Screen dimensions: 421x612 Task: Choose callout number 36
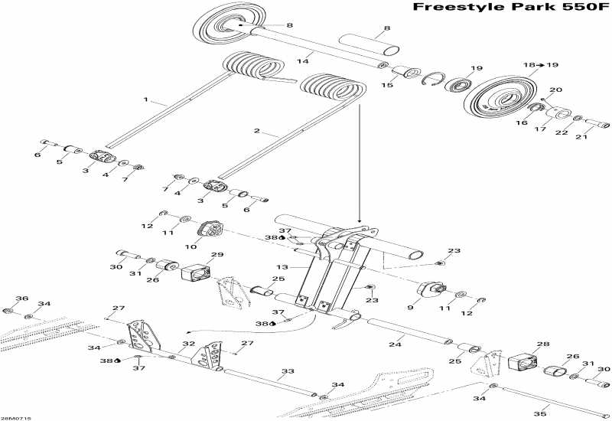click(21, 299)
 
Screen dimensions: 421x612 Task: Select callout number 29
click(216, 255)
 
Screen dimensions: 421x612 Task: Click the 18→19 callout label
click(540, 65)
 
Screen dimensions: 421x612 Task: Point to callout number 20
click(555, 90)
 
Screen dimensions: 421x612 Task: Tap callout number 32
click(188, 344)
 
